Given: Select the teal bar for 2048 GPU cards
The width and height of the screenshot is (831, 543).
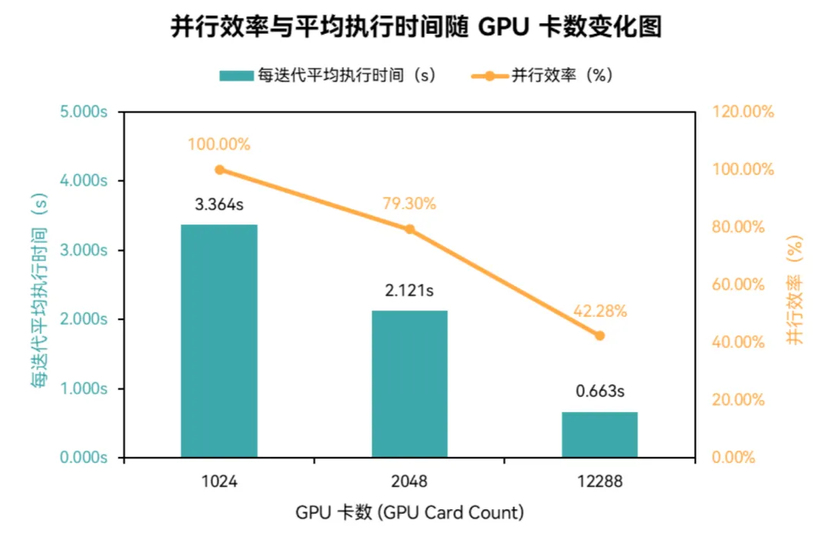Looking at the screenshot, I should [409, 384].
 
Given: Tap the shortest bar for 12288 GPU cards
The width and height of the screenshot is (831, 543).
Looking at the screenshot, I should [599, 435].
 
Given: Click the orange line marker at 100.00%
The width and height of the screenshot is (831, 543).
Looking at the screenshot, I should [219, 170].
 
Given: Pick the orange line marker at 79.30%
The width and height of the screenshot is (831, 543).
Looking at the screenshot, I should [409, 229].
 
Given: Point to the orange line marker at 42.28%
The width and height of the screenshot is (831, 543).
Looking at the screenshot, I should [599, 335].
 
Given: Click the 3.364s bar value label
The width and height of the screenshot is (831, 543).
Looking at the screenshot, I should [219, 205].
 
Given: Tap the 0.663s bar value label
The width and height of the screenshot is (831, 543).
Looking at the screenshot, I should [599, 391].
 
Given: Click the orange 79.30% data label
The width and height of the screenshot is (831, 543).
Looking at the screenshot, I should [409, 204].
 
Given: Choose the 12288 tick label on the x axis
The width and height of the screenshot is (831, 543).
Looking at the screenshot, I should [599, 483].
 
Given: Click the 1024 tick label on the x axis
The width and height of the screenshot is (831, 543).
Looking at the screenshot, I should [219, 483].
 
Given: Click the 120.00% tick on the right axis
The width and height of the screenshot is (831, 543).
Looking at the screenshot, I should [742, 112].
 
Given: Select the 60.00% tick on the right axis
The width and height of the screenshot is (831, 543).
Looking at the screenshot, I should [739, 285].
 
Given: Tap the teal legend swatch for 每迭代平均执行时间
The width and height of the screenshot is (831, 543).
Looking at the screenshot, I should [236, 75].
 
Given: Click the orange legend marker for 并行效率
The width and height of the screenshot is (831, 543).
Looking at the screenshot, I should [489, 75].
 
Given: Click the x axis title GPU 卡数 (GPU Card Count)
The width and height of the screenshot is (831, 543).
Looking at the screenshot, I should [409, 512].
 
